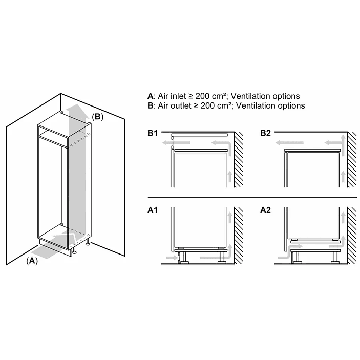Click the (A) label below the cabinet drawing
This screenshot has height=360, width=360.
click(x=32, y=261)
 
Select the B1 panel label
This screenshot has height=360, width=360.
click(x=153, y=134)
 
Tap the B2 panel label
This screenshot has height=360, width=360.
click(x=265, y=134)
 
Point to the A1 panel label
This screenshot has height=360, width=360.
click(x=153, y=210)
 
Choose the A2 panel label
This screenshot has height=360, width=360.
click(x=265, y=210)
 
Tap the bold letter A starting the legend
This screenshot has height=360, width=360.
click(x=150, y=96)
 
